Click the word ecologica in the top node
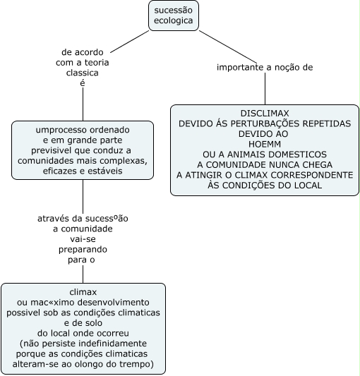pyautogui.click(x=173, y=20)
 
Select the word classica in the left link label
pyautogui.click(x=83, y=73)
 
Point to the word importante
pyautogui.click(x=240, y=68)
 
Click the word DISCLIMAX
pyautogui.click(x=265, y=113)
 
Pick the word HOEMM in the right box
pyautogui.click(x=265, y=144)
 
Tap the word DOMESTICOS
pyautogui.click(x=297, y=154)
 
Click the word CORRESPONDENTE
pyautogui.click(x=312, y=175)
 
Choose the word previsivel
pyautogui.click(x=52, y=150)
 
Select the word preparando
pyautogui.click(x=83, y=250)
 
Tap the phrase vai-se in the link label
pyautogui.click(x=83, y=239)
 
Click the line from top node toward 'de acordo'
pyautogui.click(x=130, y=42)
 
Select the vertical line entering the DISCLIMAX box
pyautogui.click(x=265, y=88)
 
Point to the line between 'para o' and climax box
pyautogui.click(x=83, y=274)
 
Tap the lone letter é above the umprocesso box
pyautogui.click(x=83, y=83)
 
